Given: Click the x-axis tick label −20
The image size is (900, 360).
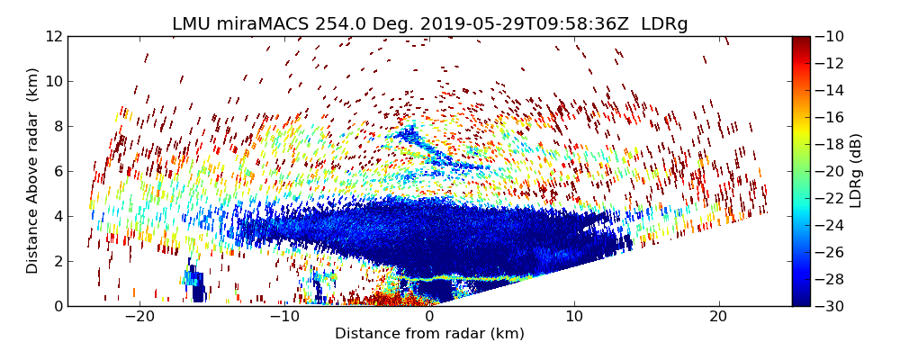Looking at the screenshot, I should point(139,318).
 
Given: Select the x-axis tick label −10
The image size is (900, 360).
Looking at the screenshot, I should point(284,318).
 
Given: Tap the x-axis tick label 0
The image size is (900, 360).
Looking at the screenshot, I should point(429,318).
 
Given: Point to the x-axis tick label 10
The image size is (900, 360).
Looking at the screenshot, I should point(574,318).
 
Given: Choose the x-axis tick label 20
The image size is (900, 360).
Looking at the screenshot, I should point(718,318).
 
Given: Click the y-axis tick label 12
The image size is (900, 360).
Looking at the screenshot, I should point(53,37).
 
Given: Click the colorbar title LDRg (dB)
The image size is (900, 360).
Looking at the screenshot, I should point(856,171).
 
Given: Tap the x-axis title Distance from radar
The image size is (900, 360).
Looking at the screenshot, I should point(429,334).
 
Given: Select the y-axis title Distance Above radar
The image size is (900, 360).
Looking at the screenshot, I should point(33,171).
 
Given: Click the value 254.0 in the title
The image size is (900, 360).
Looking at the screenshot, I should point(335,24).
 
